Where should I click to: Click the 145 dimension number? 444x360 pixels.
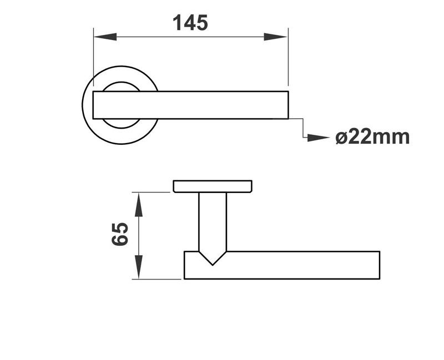pos(190,23)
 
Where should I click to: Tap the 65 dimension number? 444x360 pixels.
pos(120,234)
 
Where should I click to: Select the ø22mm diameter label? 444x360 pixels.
pos(372,136)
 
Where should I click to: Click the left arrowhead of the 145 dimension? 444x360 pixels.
pos(105,37)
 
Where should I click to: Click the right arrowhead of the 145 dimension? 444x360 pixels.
pos(276,37)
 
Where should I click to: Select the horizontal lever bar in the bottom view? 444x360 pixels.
pos(289,265)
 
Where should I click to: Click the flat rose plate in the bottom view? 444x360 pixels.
pos(213,186)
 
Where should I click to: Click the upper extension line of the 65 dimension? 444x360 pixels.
pos(153,192)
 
